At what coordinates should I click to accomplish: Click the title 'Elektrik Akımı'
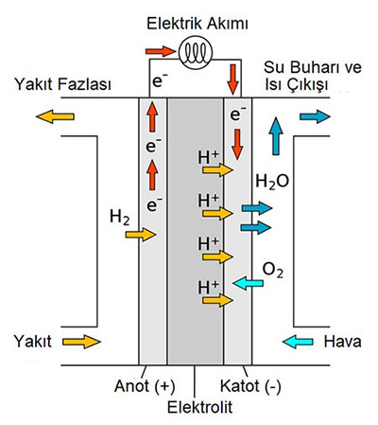click(x=198, y=24)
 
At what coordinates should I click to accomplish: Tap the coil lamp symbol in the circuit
click(x=196, y=52)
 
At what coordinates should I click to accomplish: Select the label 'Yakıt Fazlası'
click(x=63, y=84)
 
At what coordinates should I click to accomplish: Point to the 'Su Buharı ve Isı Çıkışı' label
click(x=313, y=76)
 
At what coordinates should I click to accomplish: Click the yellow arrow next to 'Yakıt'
click(x=81, y=342)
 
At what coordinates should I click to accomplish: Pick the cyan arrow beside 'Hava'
click(x=298, y=342)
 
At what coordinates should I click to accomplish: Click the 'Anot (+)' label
click(x=145, y=386)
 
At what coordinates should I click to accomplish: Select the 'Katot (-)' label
click(x=250, y=386)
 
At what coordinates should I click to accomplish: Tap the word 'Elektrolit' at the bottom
click(x=199, y=407)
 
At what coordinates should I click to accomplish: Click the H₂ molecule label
click(x=120, y=218)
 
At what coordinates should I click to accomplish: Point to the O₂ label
click(x=273, y=271)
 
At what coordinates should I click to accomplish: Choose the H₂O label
click(x=272, y=182)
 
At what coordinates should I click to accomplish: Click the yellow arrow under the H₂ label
click(x=141, y=235)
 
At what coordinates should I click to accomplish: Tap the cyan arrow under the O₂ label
click(x=248, y=283)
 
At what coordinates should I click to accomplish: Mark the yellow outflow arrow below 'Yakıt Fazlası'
click(x=56, y=116)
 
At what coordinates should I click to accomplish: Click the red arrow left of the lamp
click(x=160, y=51)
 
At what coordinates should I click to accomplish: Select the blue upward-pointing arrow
click(x=276, y=136)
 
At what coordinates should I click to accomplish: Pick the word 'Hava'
click(x=343, y=342)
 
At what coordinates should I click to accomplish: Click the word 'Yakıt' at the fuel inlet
click(x=33, y=342)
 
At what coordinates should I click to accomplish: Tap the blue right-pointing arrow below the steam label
click(x=315, y=116)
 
